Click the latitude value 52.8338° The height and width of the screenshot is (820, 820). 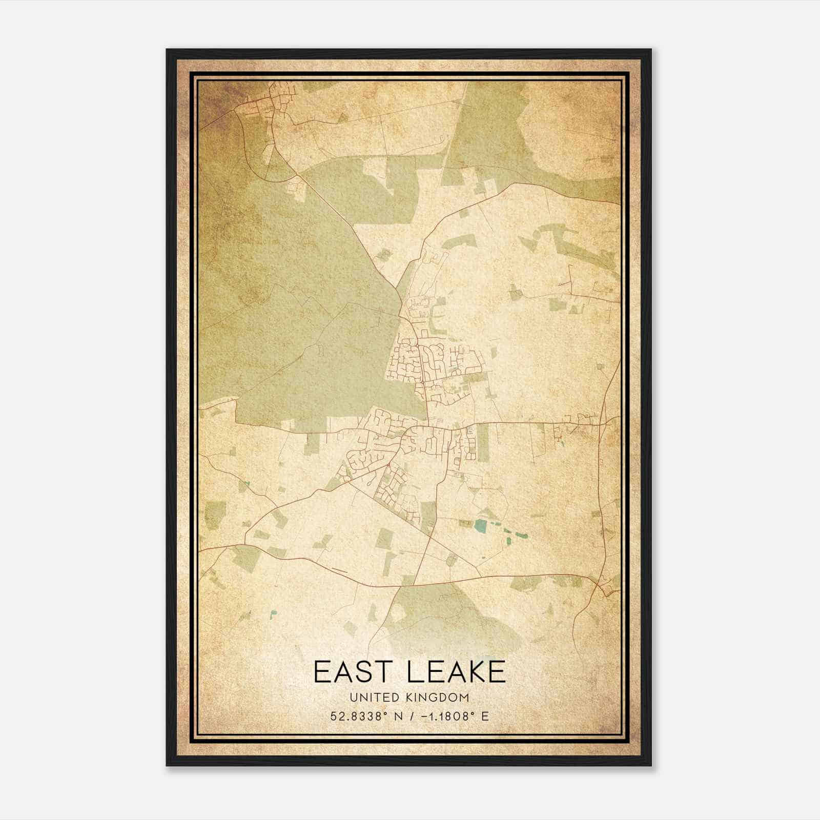pyautogui.click(x=357, y=716)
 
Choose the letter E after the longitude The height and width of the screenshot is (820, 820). pyautogui.click(x=484, y=716)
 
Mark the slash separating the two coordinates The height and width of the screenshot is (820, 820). pyautogui.click(x=407, y=716)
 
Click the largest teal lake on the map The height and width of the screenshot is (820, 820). pyautogui.click(x=481, y=525)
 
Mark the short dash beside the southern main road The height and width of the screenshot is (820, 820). pyautogui.click(x=339, y=569)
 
